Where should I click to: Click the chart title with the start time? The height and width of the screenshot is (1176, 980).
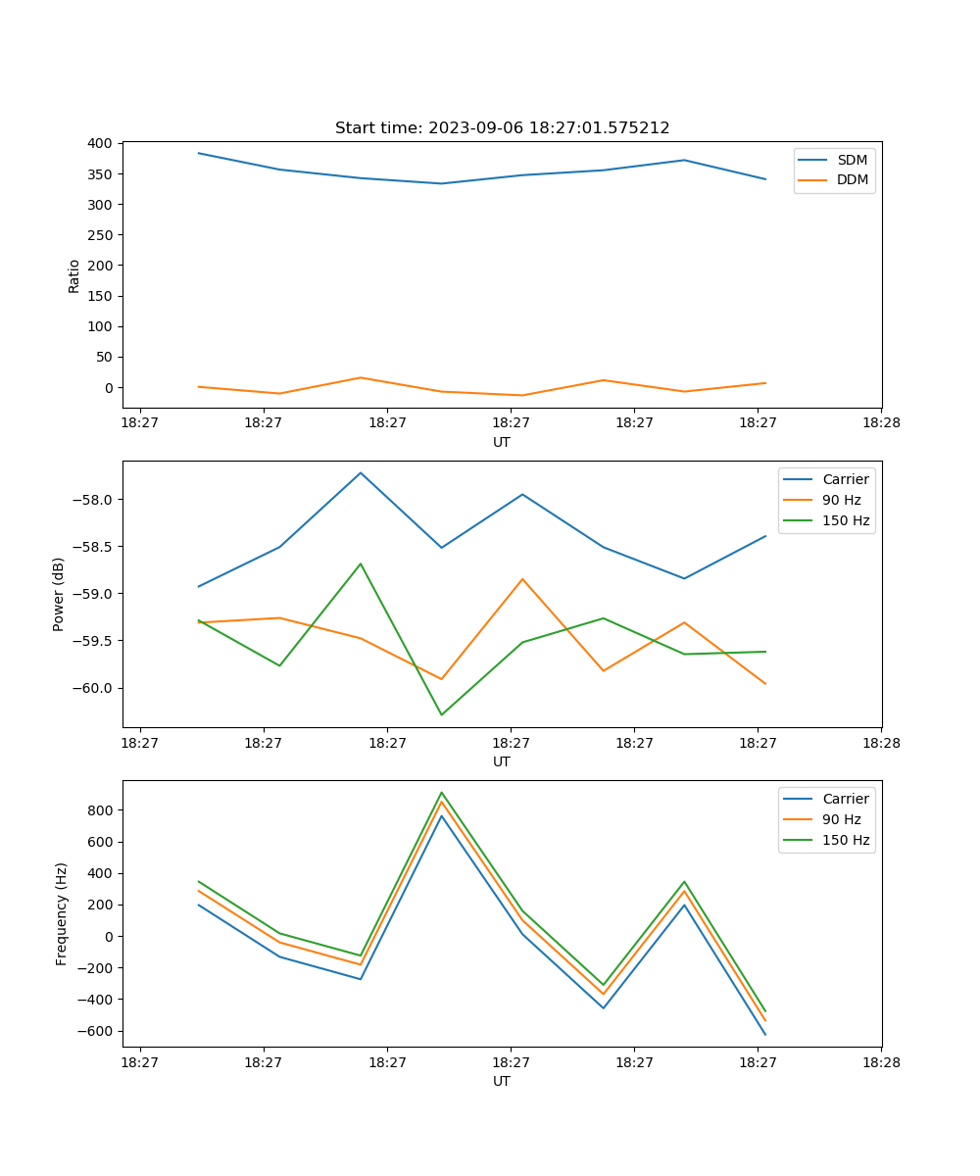click(502, 128)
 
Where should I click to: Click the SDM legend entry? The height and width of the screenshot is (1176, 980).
click(852, 160)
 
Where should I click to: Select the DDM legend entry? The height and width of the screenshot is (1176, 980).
click(852, 180)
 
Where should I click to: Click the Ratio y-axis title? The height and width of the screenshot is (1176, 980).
click(74, 275)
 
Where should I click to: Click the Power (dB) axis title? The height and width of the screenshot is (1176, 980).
click(59, 594)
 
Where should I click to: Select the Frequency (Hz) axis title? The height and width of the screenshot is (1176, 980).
click(62, 913)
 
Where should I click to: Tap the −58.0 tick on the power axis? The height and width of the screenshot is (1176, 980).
click(95, 500)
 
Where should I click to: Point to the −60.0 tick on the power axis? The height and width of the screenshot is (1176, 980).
click(95, 688)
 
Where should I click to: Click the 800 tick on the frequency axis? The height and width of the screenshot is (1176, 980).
click(101, 810)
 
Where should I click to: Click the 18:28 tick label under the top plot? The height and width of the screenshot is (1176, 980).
click(881, 423)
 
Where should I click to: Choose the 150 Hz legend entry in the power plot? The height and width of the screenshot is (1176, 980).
click(845, 521)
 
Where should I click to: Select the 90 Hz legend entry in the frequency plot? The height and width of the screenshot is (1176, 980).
click(841, 819)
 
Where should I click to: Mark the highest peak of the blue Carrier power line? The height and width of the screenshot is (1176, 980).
click(361, 472)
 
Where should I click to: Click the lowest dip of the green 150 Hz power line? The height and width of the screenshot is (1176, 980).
click(441, 714)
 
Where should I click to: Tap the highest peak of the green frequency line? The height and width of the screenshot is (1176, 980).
click(441, 792)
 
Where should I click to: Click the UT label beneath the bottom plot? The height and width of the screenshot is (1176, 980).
click(502, 1081)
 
